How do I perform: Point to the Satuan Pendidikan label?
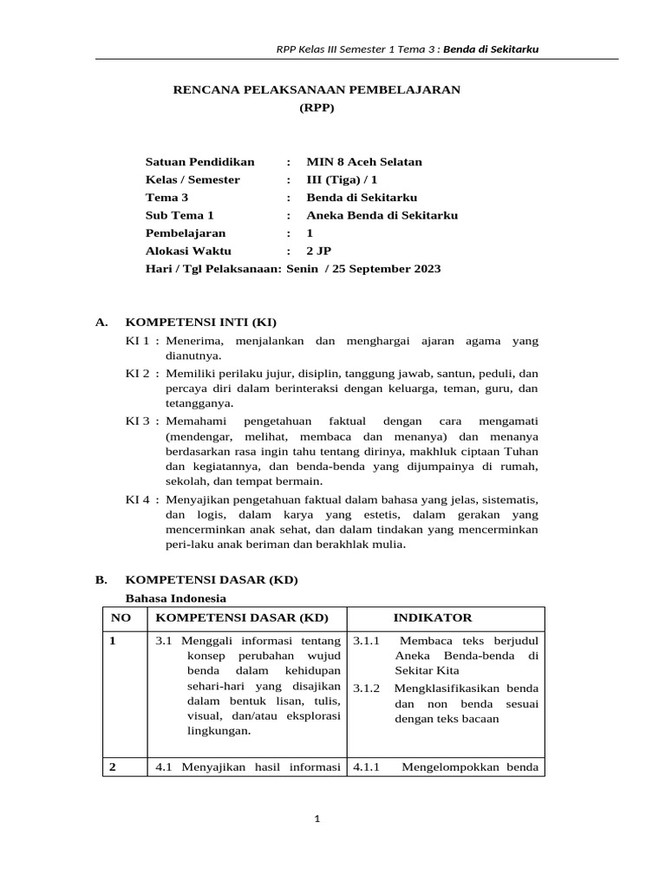click(x=200, y=162)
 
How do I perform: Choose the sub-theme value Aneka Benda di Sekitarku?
click(x=382, y=215)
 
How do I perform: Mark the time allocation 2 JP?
click(x=319, y=251)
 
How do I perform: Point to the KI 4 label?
click(x=139, y=500)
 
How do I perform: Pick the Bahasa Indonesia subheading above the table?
click(x=176, y=598)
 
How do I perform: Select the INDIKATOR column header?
click(x=433, y=617)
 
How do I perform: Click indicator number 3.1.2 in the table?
click(x=368, y=689)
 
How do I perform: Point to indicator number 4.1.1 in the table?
click(x=368, y=766)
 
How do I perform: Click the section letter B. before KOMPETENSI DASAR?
click(x=101, y=578)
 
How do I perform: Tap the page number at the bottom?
click(x=317, y=819)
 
